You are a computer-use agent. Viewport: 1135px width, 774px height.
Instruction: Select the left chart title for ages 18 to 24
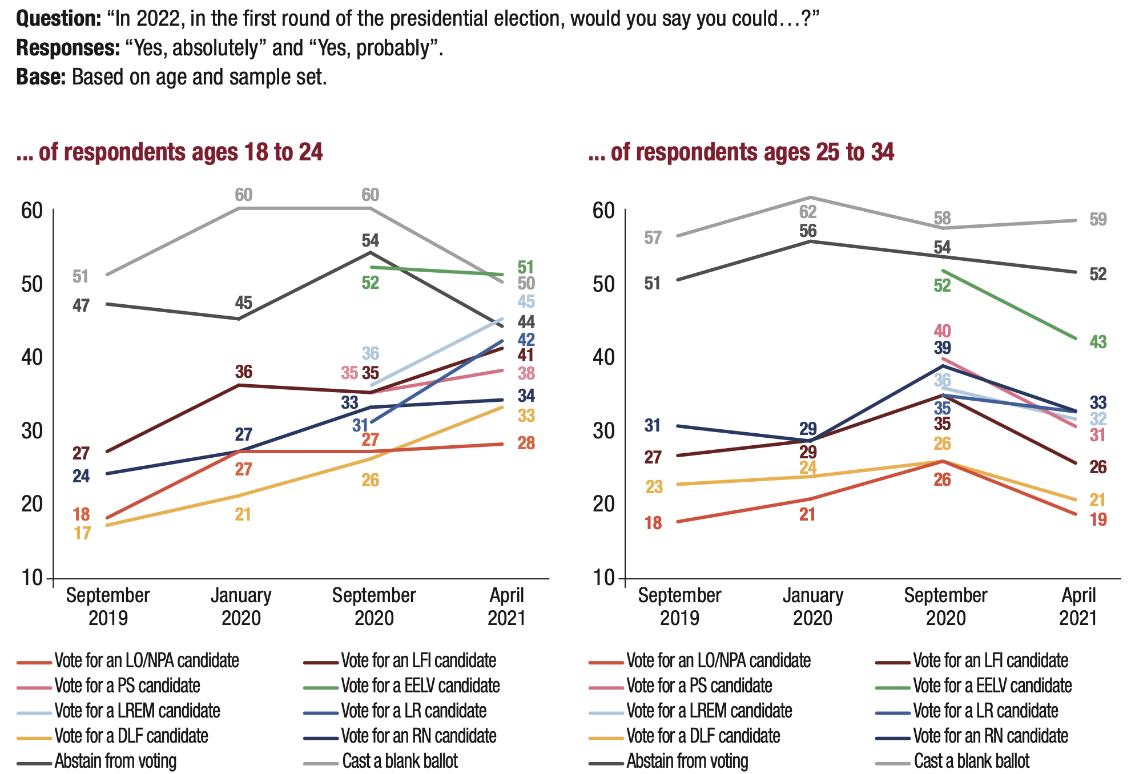click(x=170, y=152)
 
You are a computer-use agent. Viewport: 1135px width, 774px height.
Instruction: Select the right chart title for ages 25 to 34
click(x=741, y=152)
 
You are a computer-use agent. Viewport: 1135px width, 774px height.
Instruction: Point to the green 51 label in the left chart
click(x=526, y=267)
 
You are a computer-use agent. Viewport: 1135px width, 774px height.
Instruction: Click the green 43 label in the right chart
click(x=1098, y=342)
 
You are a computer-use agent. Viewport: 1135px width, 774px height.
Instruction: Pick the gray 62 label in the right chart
click(x=808, y=212)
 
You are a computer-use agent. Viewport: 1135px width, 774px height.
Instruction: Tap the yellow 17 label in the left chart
click(x=82, y=533)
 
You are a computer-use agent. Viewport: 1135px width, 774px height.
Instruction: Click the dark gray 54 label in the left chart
click(x=370, y=240)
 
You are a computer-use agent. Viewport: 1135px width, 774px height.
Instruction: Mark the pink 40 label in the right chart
click(x=942, y=330)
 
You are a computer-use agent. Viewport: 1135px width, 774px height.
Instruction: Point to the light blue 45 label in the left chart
click(x=526, y=301)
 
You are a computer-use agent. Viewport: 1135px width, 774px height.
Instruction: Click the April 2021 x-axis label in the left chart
click(x=506, y=607)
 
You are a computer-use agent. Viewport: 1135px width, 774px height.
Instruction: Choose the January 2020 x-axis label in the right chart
click(x=812, y=607)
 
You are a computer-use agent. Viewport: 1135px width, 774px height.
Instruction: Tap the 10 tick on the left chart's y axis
click(x=33, y=578)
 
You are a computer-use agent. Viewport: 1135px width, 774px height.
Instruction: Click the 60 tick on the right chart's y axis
click(x=604, y=211)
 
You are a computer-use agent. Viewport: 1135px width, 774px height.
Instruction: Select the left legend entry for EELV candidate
click(x=420, y=686)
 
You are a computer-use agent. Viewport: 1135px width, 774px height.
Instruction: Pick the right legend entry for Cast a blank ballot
click(x=971, y=761)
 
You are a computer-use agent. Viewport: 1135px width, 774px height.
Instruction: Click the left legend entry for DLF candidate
click(x=131, y=736)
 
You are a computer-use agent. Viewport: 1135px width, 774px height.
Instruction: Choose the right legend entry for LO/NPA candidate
click(x=718, y=660)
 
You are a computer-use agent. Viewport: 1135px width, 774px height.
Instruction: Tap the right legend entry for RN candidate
click(x=991, y=736)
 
